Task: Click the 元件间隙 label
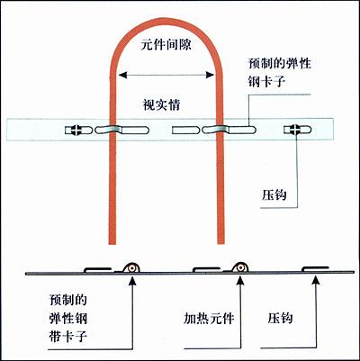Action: pyautogui.click(x=166, y=45)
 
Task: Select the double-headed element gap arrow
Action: pyautogui.click(x=166, y=75)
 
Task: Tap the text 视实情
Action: pyautogui.click(x=161, y=105)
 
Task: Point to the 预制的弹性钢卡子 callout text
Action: pyautogui.click(x=280, y=73)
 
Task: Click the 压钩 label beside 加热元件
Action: pyautogui.click(x=280, y=319)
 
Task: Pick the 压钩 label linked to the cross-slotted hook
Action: pyautogui.click(x=274, y=195)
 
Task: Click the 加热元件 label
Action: pyautogui.click(x=209, y=319)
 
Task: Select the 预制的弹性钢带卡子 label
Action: pyautogui.click(x=68, y=319)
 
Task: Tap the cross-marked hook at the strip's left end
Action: pyautogui.click(x=78, y=130)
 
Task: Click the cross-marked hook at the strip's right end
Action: pyautogui.click(x=298, y=130)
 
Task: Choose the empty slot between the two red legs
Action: pyautogui.click(x=186, y=130)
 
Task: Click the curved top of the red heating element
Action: pyautogui.click(x=166, y=21)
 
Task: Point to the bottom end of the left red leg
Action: pyautogui.click(x=112, y=244)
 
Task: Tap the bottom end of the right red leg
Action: pyautogui.click(x=220, y=244)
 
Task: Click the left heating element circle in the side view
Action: pyautogui.click(x=131, y=268)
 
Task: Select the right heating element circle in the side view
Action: pyautogui.click(x=239, y=267)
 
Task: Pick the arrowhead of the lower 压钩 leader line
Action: pyautogui.click(x=315, y=280)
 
